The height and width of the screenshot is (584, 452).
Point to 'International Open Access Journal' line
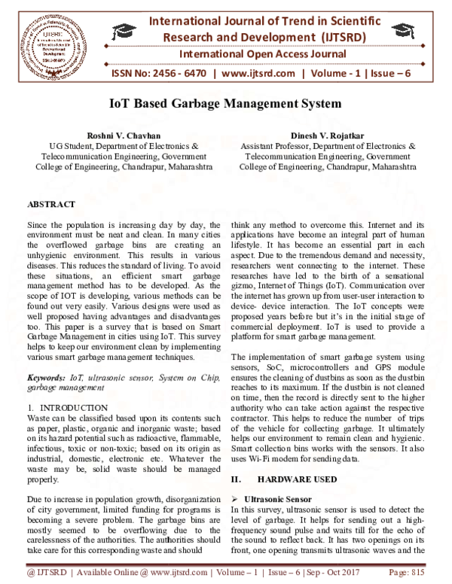click(262, 54)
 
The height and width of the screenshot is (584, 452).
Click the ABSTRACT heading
click(50, 204)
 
